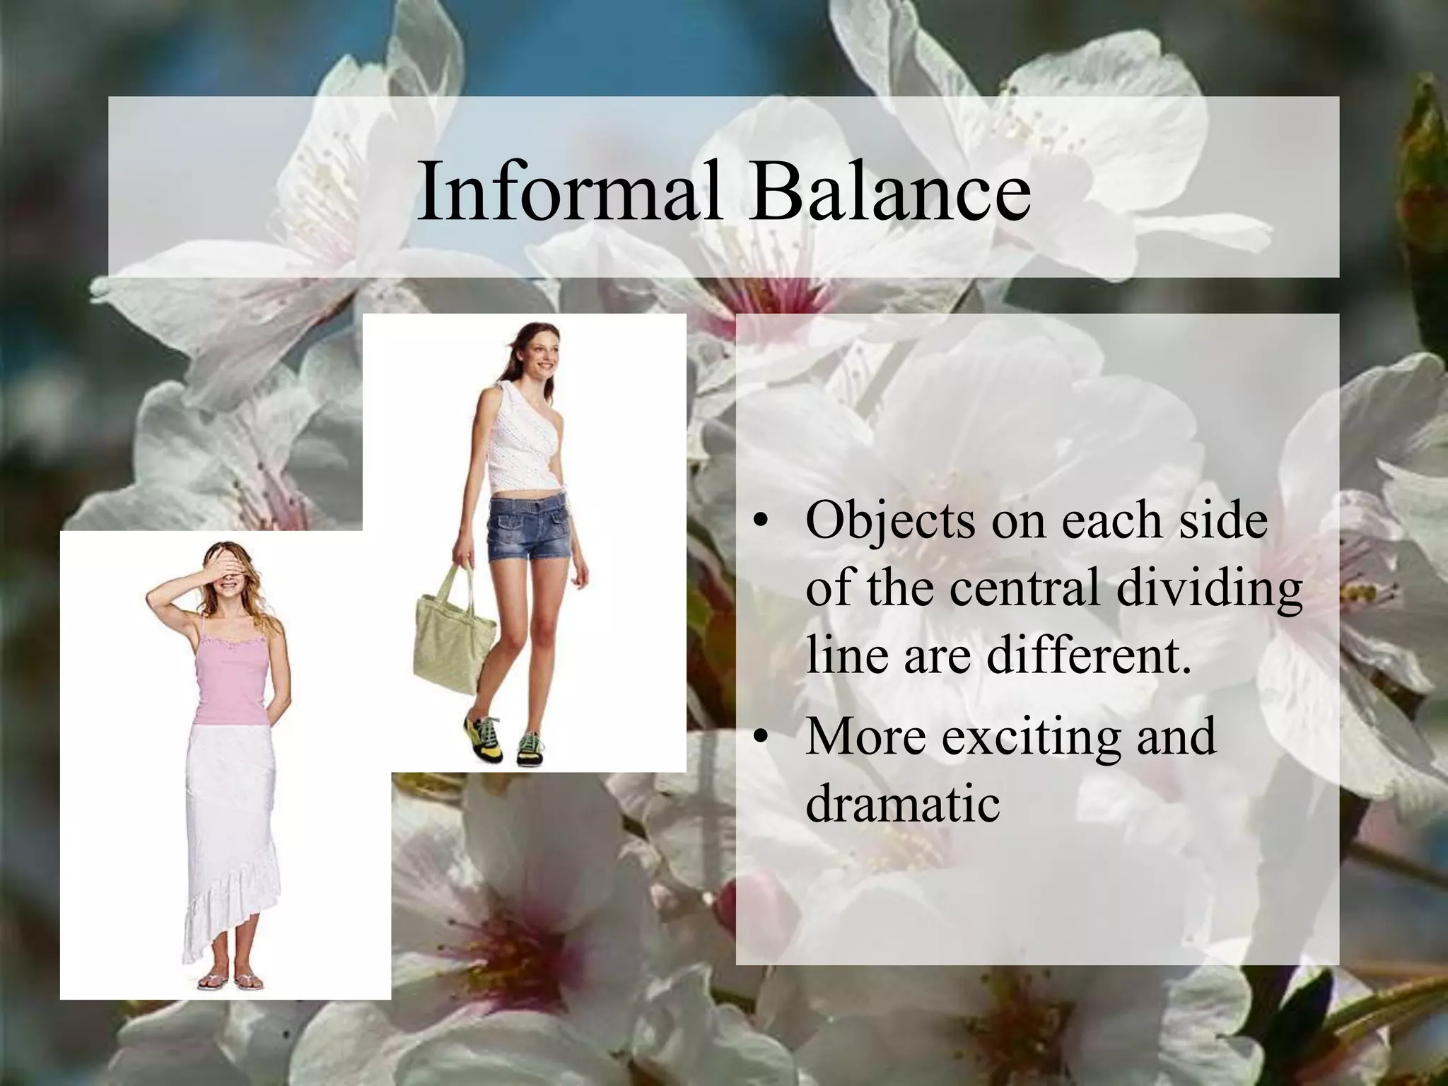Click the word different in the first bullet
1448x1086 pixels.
click(1089, 654)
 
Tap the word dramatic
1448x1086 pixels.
click(903, 802)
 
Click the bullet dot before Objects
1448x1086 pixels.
click(759, 524)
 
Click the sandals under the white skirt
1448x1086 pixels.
click(230, 981)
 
